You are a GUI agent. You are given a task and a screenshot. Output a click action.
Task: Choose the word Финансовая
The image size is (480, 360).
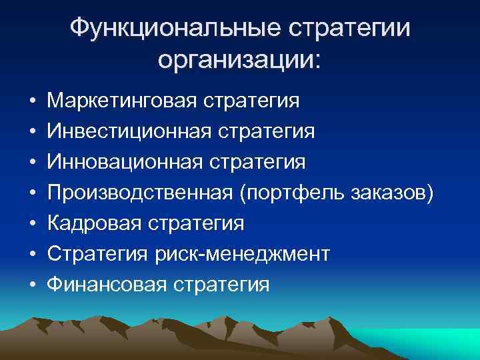106,285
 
